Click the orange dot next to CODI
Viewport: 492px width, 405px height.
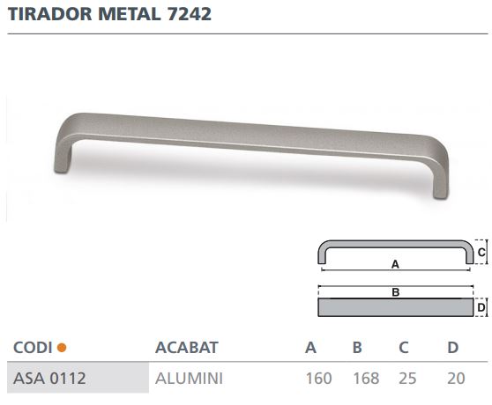[61, 348]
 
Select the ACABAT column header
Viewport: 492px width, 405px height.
[185, 348]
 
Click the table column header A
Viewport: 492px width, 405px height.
[310, 348]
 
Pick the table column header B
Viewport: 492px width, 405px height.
[357, 348]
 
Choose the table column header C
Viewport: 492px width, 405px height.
[403, 348]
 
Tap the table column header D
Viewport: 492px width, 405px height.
[451, 348]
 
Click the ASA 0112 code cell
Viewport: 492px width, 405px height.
[49, 379]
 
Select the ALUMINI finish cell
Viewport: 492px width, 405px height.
[189, 379]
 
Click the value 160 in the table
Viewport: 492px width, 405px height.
[318, 379]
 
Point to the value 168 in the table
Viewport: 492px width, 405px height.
[365, 379]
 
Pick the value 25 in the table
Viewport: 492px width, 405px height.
[407, 379]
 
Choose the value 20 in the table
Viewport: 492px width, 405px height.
[456, 379]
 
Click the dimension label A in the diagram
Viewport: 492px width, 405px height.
[395, 263]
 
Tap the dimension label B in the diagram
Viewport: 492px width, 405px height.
[396, 291]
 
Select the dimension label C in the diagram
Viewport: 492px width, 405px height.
[481, 251]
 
